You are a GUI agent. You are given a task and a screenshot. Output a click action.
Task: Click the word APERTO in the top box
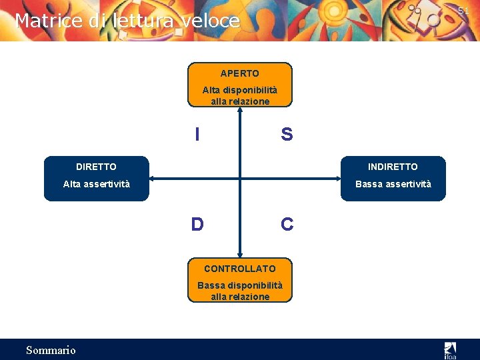240,73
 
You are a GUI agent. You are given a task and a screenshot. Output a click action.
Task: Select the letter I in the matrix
197,135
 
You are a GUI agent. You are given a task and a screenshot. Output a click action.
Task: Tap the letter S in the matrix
287,135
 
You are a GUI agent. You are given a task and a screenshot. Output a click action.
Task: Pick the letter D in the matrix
197,224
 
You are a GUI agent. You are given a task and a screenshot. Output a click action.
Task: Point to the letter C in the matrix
287,225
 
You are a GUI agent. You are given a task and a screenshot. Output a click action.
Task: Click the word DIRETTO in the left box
96,167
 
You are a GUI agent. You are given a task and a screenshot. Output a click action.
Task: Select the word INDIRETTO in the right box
393,167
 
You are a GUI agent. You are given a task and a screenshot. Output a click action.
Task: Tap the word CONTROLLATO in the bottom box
239,269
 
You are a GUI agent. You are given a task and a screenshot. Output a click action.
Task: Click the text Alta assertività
96,184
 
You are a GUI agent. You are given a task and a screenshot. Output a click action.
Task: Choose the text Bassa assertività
393,184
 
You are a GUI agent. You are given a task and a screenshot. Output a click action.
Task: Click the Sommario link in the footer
51,350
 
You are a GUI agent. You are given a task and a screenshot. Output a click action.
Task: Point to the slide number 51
463,11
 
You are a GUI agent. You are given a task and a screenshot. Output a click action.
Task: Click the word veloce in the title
209,21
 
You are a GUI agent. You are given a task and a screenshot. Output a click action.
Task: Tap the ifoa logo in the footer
451,349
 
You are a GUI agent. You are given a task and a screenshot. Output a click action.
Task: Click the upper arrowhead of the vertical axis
240,110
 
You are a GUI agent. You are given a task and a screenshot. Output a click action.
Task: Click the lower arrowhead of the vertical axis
240,254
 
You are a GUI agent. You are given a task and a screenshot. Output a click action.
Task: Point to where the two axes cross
240,178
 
